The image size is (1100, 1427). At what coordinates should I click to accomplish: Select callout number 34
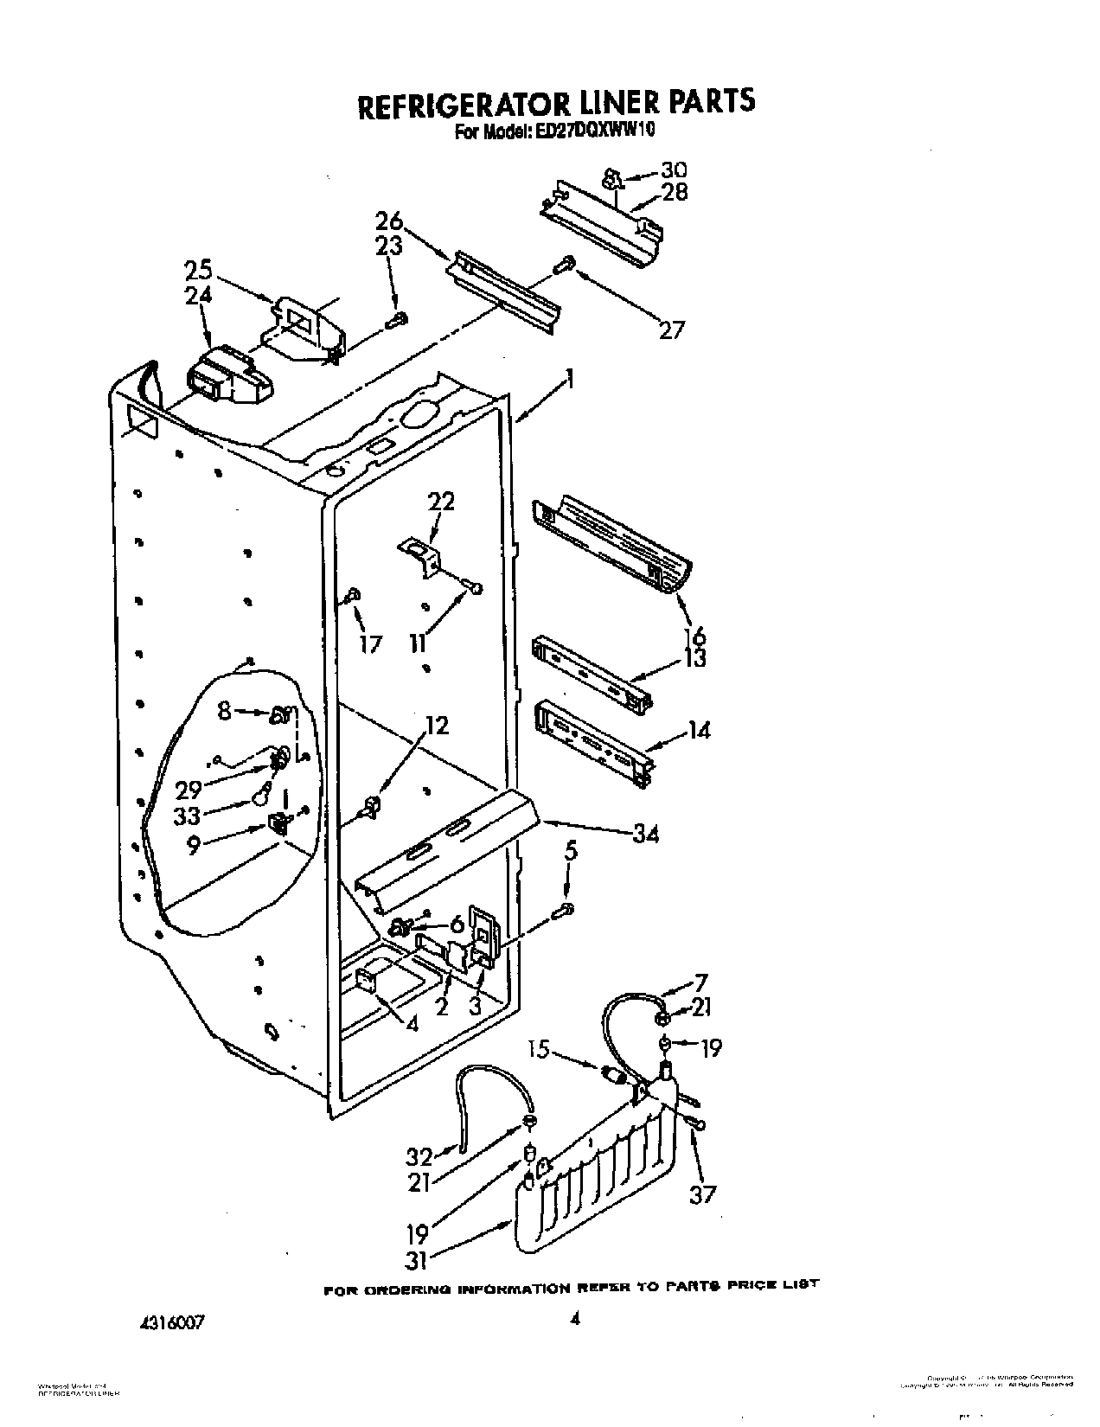coord(645,834)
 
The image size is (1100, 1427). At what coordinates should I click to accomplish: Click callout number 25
coord(198,271)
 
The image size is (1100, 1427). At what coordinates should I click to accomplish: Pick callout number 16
coord(693,637)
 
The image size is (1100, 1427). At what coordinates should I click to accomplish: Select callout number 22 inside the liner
coord(441,502)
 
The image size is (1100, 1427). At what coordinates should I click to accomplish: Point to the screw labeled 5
coord(566,908)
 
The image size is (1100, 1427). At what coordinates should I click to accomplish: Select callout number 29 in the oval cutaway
coord(189,789)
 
